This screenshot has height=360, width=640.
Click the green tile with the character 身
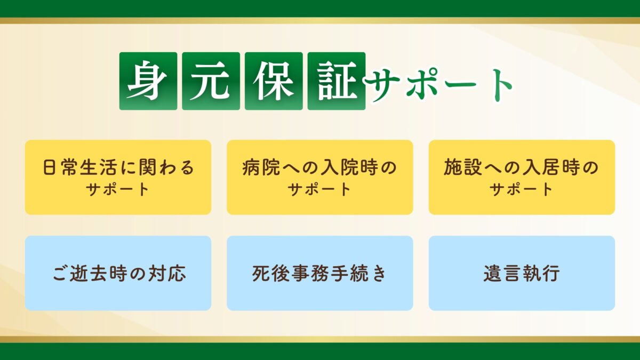click(148, 81)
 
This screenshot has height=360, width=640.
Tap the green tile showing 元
click(211, 81)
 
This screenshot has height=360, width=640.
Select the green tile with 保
click(274, 81)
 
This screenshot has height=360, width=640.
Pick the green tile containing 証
click(337, 81)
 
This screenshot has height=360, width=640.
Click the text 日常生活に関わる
click(118, 169)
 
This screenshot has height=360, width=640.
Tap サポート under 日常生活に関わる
click(118, 189)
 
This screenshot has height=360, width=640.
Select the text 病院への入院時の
click(320, 169)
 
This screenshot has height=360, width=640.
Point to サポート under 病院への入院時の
click(320, 189)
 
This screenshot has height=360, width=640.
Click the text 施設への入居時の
click(522, 169)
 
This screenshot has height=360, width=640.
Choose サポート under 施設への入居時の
click(522, 189)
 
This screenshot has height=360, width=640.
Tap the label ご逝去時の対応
click(118, 274)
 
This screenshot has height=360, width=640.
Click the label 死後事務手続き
click(320, 274)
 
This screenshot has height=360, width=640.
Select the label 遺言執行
click(522, 274)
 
